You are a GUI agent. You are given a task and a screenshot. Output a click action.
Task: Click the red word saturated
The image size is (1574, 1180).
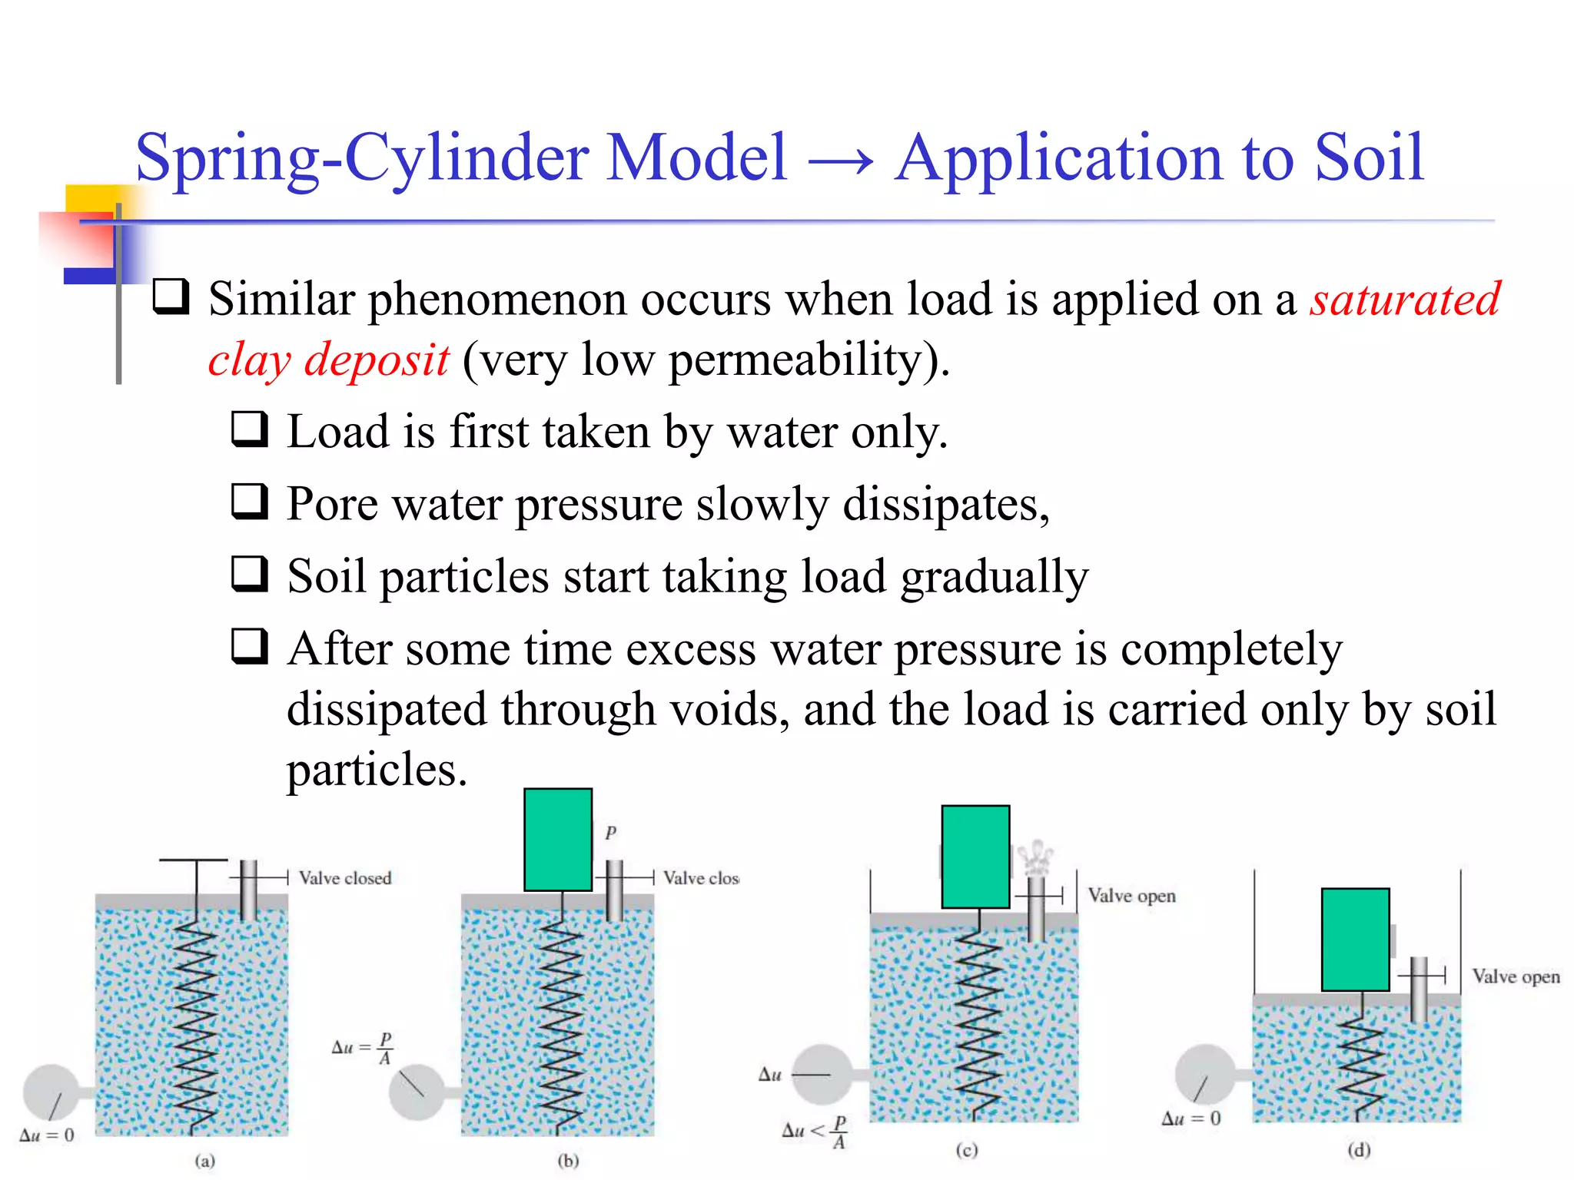1405,299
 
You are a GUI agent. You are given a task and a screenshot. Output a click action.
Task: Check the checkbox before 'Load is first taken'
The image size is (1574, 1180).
250,429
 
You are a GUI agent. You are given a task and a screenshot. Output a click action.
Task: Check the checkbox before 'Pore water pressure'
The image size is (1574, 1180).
250,502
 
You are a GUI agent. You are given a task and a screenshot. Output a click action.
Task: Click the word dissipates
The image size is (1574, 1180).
945,505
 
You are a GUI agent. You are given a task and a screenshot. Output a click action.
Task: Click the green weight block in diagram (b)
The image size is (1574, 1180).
558,839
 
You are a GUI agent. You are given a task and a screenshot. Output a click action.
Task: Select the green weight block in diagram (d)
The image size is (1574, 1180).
1355,939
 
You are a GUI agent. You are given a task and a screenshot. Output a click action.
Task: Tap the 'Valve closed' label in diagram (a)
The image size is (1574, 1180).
345,878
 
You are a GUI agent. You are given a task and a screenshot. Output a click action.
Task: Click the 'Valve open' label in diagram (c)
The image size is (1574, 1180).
1131,896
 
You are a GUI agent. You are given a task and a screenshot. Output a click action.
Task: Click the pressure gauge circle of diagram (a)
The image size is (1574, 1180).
51,1092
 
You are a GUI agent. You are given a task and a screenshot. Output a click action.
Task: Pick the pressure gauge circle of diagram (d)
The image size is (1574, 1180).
1204,1073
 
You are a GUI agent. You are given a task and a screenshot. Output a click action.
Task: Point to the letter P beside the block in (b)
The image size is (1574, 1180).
610,832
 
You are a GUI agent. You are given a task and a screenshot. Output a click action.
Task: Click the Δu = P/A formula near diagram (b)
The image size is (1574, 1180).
363,1048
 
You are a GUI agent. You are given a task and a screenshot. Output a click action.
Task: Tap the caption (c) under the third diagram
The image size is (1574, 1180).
966,1150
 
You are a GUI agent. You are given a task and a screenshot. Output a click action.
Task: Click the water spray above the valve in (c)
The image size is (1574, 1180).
1035,858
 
